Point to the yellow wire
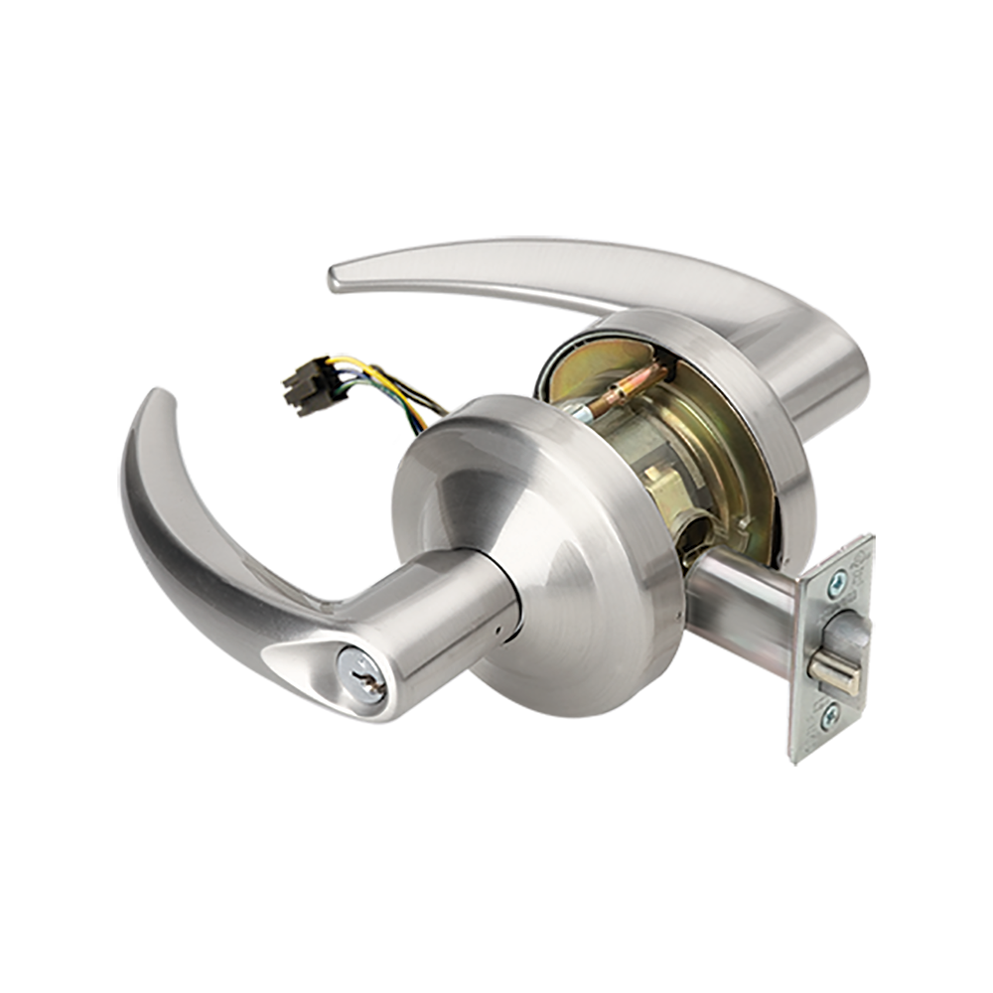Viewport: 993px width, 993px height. point(387,383)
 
